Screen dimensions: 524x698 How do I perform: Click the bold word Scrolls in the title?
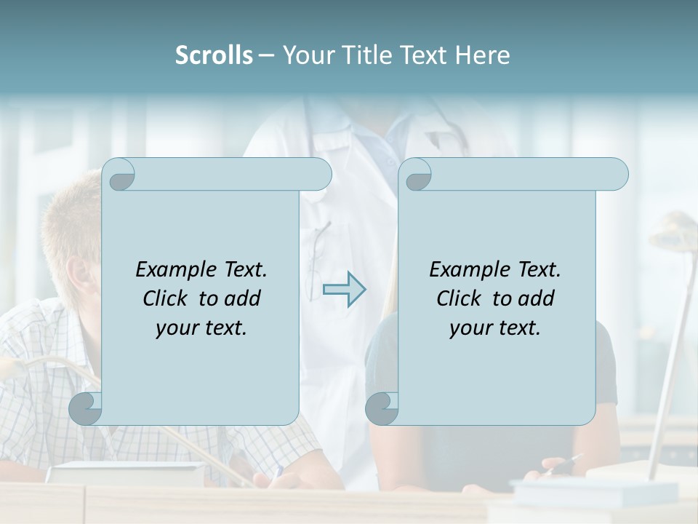(x=214, y=55)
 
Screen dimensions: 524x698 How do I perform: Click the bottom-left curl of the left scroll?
(x=86, y=408)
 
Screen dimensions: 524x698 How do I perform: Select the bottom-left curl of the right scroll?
(x=382, y=408)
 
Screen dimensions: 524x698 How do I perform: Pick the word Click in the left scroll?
(x=166, y=298)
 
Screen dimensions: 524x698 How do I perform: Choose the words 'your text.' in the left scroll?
(x=201, y=327)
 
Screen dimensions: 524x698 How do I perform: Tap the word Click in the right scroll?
(x=460, y=298)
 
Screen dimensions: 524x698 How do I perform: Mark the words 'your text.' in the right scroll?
(x=495, y=327)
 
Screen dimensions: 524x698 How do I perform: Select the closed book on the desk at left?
(x=124, y=473)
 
